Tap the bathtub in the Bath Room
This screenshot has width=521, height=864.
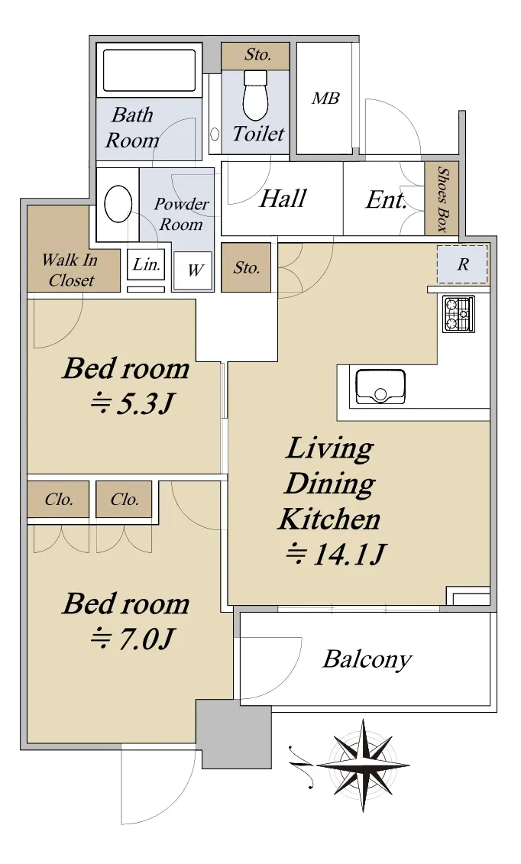[149, 70]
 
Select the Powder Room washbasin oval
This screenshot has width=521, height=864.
[118, 204]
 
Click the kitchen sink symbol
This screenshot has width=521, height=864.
[380, 387]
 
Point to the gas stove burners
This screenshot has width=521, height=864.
[459, 314]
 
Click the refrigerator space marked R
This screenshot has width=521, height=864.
[463, 264]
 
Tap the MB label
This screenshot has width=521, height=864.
[325, 99]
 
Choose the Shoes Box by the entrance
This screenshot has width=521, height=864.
[442, 198]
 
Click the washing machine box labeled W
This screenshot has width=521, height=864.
[193, 270]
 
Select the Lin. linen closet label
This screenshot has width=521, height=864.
[147, 264]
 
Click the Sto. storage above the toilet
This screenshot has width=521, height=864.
[256, 55]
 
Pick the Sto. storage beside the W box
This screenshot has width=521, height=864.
[246, 268]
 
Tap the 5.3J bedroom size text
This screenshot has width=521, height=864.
[132, 405]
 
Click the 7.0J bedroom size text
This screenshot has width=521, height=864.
[132, 639]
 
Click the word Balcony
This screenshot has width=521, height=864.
[367, 659]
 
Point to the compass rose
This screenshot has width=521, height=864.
[364, 765]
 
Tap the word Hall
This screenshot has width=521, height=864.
[283, 199]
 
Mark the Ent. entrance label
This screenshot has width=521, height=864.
[386, 199]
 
